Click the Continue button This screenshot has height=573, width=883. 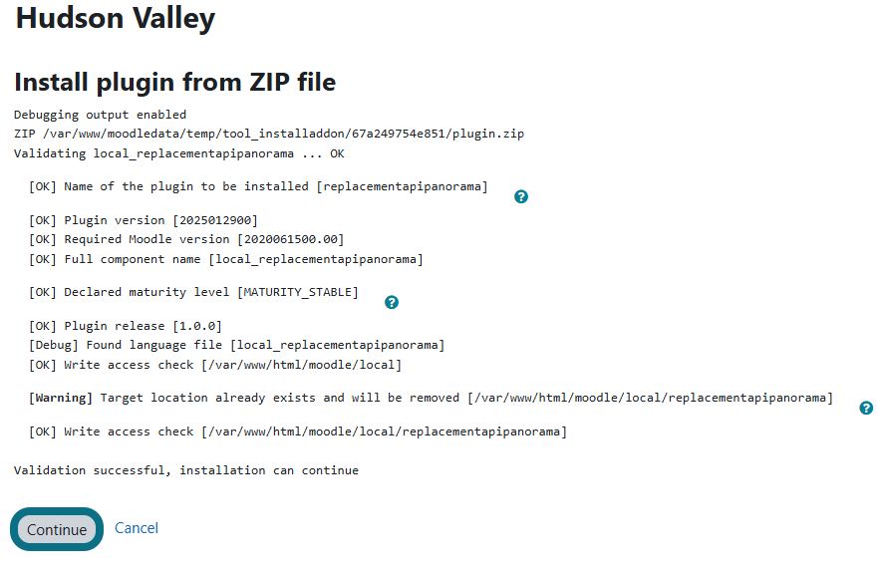[57, 529]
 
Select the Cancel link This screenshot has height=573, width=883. [137, 528]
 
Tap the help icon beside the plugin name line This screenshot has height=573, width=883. [521, 196]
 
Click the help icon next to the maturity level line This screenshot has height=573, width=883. [392, 302]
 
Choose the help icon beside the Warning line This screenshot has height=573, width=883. [866, 409]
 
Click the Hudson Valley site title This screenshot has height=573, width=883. [116, 18]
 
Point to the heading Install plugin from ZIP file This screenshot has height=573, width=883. [175, 82]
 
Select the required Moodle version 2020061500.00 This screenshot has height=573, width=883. [291, 239]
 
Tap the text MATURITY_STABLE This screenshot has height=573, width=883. [298, 292]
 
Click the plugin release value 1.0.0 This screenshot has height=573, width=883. [197, 326]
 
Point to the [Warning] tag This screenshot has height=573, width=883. [61, 398]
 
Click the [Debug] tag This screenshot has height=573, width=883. [54, 345]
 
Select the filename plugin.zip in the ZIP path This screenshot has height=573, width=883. [488, 134]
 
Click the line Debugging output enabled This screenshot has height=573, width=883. [101, 115]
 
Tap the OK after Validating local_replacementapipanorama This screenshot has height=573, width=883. [337, 153]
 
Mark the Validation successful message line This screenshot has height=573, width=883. [186, 470]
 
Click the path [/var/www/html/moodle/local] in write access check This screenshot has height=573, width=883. [301, 365]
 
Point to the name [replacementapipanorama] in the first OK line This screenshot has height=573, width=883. [402, 186]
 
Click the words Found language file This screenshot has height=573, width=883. [154, 345]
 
